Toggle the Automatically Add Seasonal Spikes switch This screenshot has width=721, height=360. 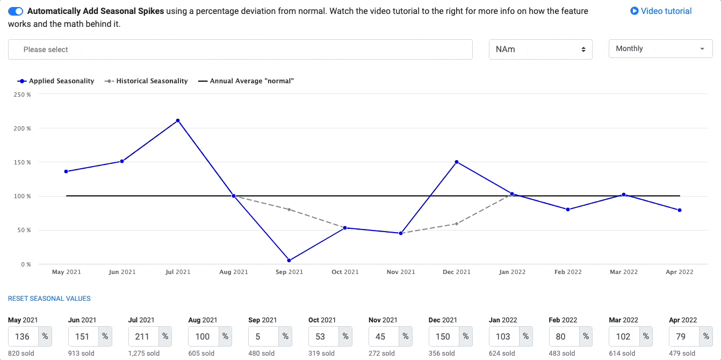16,11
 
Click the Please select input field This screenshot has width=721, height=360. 240,49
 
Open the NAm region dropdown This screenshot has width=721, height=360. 540,49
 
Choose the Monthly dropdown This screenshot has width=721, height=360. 660,49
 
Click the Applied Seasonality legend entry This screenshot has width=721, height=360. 56,81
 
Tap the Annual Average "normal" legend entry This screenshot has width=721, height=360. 246,81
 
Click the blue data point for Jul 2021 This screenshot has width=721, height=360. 178,120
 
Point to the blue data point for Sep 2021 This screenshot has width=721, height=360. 289,261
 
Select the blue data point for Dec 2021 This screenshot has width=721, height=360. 457,162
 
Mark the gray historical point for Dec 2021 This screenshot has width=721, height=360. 457,224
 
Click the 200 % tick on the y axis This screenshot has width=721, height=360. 22,128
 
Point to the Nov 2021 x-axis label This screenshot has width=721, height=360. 401,272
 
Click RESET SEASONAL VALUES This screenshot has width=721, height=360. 49,299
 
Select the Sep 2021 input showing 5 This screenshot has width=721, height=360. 263,336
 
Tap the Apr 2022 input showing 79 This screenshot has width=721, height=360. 684,336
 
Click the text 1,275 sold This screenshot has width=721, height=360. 144,354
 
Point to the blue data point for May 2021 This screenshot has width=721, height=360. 66,171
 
